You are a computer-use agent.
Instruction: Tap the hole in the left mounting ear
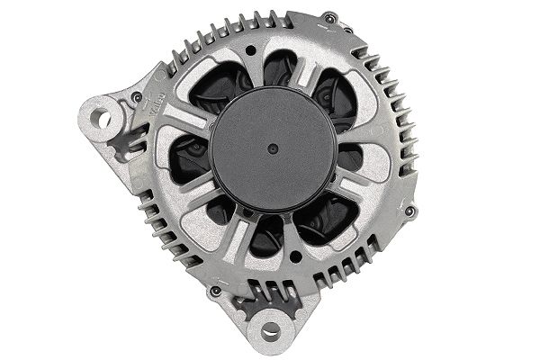pos(104,118)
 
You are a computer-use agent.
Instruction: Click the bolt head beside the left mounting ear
pos(136,96)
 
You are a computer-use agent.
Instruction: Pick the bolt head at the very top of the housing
pos(330,17)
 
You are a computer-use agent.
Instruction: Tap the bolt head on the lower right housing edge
pos(410,211)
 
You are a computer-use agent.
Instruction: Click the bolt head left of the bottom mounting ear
pos(215,292)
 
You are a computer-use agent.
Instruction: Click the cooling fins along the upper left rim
pos(207,40)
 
